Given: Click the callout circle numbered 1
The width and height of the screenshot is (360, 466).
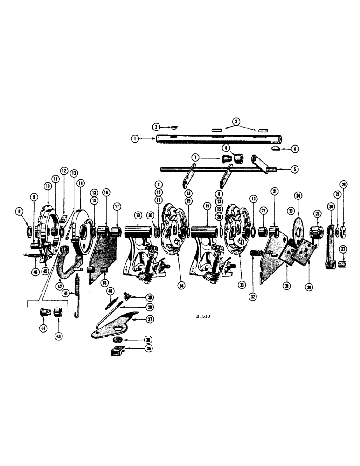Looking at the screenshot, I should pyautogui.click(x=134, y=138).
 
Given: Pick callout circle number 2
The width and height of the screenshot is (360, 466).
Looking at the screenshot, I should pyautogui.click(x=156, y=126).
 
